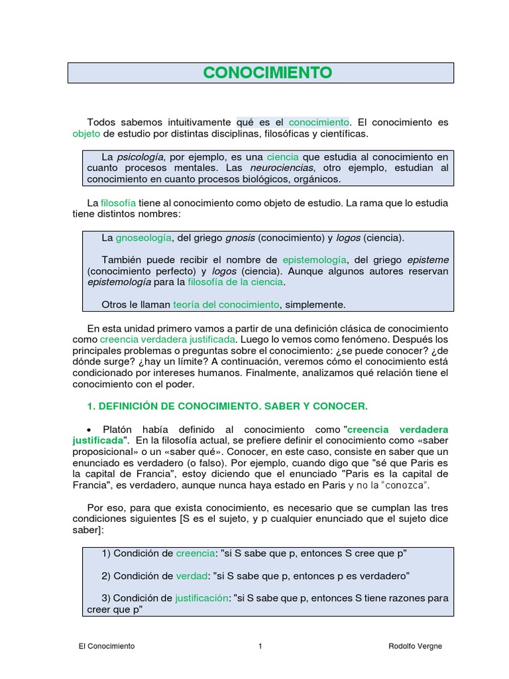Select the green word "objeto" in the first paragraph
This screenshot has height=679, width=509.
pyautogui.click(x=85, y=134)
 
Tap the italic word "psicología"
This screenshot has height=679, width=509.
pyautogui.click(x=141, y=157)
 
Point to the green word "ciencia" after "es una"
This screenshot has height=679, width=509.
pyautogui.click(x=283, y=157)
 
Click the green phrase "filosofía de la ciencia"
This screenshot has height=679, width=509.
pyautogui.click(x=235, y=282)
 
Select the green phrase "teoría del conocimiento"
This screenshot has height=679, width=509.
pyautogui.click(x=226, y=304)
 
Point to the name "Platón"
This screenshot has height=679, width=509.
pyautogui.click(x=121, y=429)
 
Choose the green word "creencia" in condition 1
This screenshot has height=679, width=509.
pyautogui.click(x=196, y=553)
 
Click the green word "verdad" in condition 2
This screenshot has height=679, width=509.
pyautogui.click(x=192, y=575)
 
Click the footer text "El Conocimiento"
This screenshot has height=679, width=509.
pyautogui.click(x=106, y=646)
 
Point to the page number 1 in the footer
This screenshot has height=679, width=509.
pyautogui.click(x=260, y=646)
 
